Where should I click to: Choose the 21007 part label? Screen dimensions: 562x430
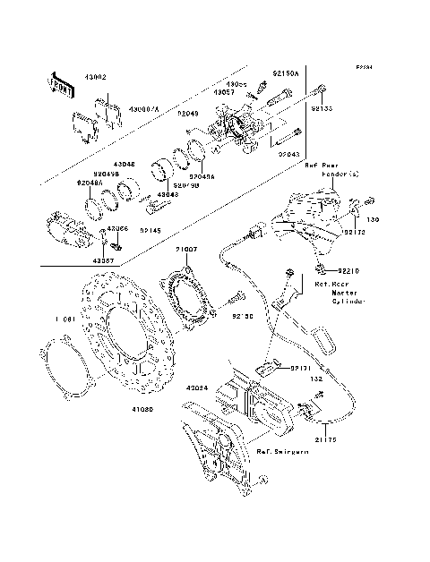pyautogui.click(x=185, y=250)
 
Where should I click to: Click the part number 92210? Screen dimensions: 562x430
pyautogui.click(x=348, y=269)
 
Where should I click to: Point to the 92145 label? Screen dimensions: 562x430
pyautogui.click(x=150, y=229)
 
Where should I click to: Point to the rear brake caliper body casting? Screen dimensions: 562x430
pyautogui.click(x=237, y=125)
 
